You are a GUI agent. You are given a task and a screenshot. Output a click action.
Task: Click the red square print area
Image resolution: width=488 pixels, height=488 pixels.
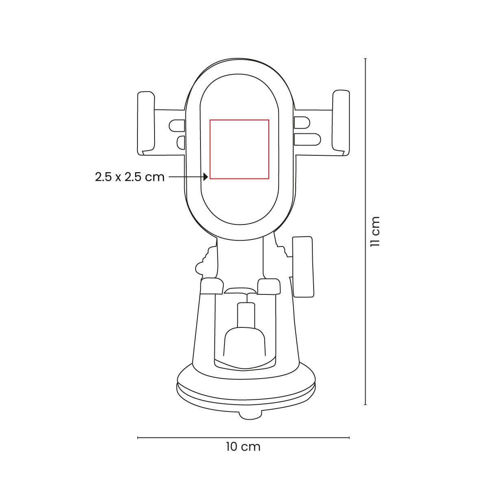pos(239,120)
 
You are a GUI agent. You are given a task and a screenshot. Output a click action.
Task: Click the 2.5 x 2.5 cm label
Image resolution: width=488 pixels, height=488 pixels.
pos(130,177)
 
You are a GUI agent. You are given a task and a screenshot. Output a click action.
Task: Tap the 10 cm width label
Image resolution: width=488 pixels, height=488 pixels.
pos(243,447)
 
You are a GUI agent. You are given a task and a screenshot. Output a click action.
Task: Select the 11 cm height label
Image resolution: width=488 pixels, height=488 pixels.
pos(375,232)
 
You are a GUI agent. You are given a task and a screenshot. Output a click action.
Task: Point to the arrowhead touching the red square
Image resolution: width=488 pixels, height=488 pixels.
pos(206,177)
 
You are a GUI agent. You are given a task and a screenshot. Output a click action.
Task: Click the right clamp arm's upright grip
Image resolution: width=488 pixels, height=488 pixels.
pos(341,123)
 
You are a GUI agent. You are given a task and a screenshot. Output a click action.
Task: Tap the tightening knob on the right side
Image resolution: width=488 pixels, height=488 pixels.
pos(303,266)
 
